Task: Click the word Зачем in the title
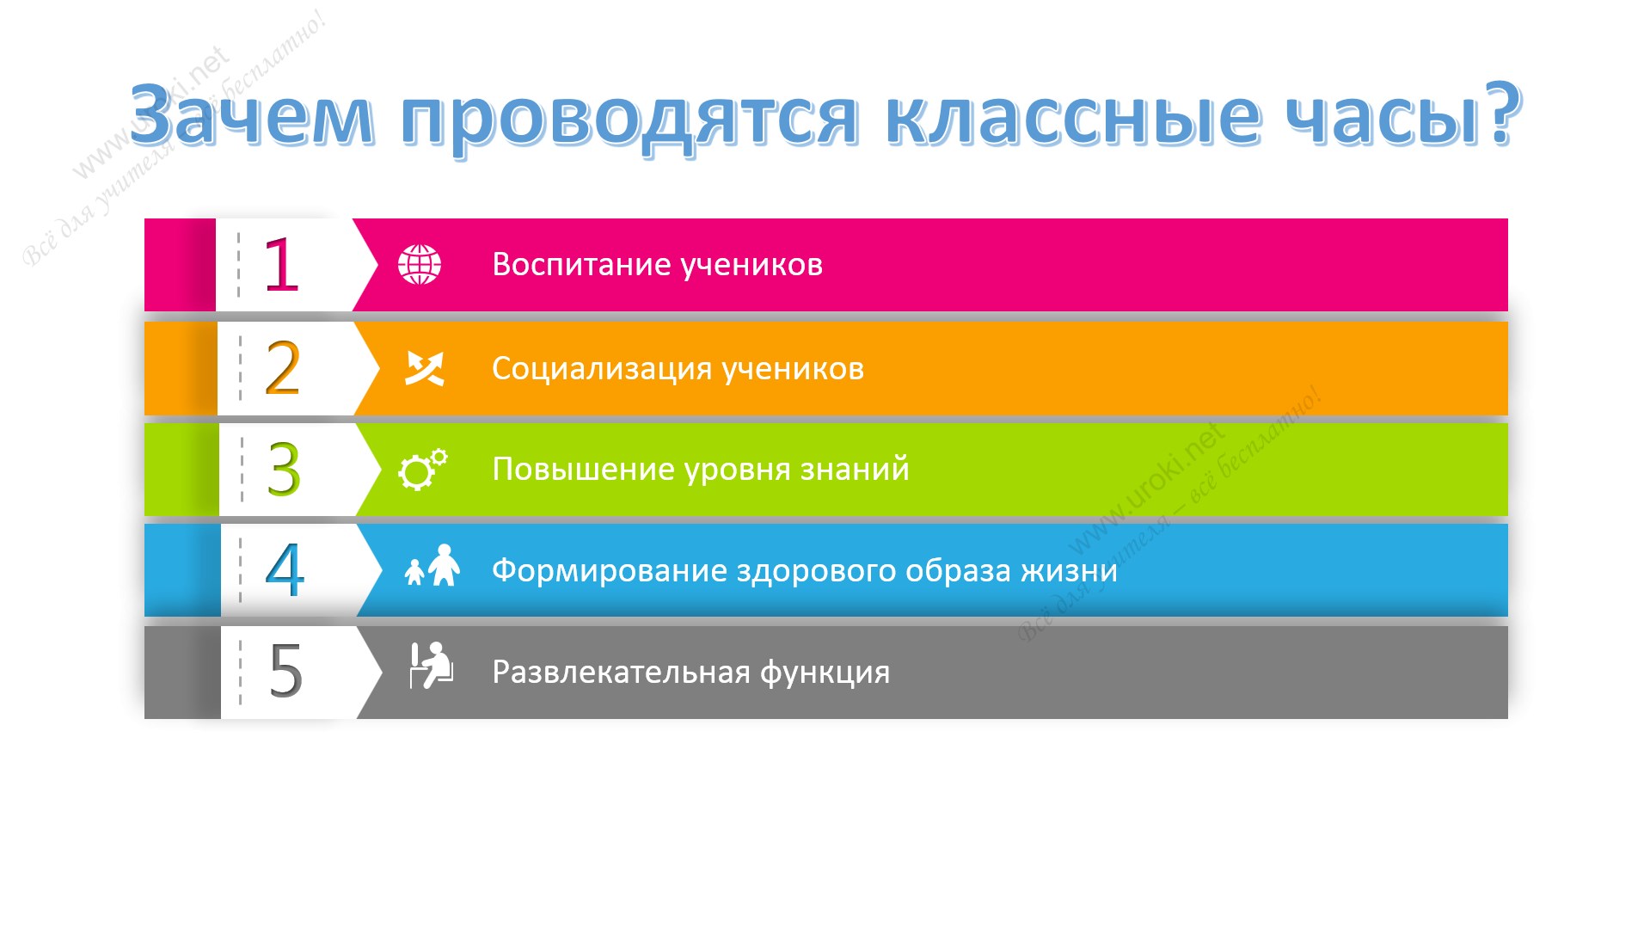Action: (252, 114)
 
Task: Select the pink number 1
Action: (281, 265)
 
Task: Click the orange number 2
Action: (283, 367)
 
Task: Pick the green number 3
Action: (284, 470)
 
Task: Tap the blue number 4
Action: (285, 569)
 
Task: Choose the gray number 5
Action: (286, 670)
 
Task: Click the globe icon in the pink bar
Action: (420, 264)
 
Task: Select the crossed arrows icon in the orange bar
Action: (425, 368)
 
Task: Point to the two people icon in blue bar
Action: (432, 565)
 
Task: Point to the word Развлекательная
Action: (622, 672)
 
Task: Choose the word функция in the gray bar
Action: (825, 673)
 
